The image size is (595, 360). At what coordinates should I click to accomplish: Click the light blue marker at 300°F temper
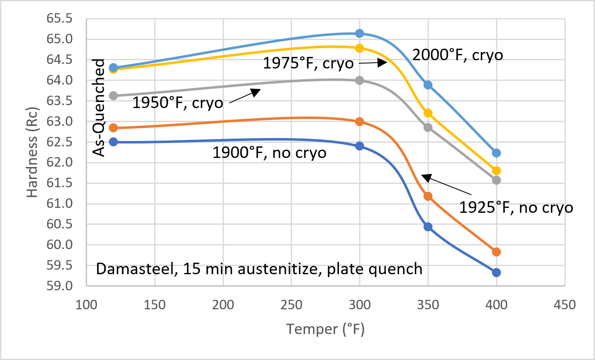pos(360,33)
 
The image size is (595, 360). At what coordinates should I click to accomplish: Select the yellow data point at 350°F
pos(428,113)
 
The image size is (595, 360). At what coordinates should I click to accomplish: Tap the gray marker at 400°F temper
pos(496,180)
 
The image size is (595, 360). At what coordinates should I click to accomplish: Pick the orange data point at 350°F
pos(428,196)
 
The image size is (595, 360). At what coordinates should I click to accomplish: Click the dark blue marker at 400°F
pos(496,273)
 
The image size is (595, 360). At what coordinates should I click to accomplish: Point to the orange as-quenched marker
pos(113,128)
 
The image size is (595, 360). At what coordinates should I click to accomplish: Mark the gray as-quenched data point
pos(113,96)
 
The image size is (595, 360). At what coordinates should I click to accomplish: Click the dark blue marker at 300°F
pos(360,146)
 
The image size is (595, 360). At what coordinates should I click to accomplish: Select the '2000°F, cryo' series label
pos(458,55)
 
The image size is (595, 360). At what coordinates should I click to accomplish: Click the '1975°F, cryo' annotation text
pos(308,64)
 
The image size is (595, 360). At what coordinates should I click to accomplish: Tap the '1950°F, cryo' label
pos(178,103)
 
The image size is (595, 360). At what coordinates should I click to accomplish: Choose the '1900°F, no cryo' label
pos(269,153)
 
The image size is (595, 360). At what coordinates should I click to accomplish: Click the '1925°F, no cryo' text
pos(516,207)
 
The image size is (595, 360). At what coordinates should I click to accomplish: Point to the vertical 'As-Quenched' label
pos(99,108)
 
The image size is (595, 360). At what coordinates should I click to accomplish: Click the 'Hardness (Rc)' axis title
pos(32,152)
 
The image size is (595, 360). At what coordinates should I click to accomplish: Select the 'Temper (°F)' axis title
pos(325,329)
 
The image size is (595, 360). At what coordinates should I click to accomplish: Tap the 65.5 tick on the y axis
pos(59,19)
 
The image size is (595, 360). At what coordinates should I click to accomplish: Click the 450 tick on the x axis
pos(564,305)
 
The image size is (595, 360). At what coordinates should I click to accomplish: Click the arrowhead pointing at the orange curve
pos(426,178)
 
